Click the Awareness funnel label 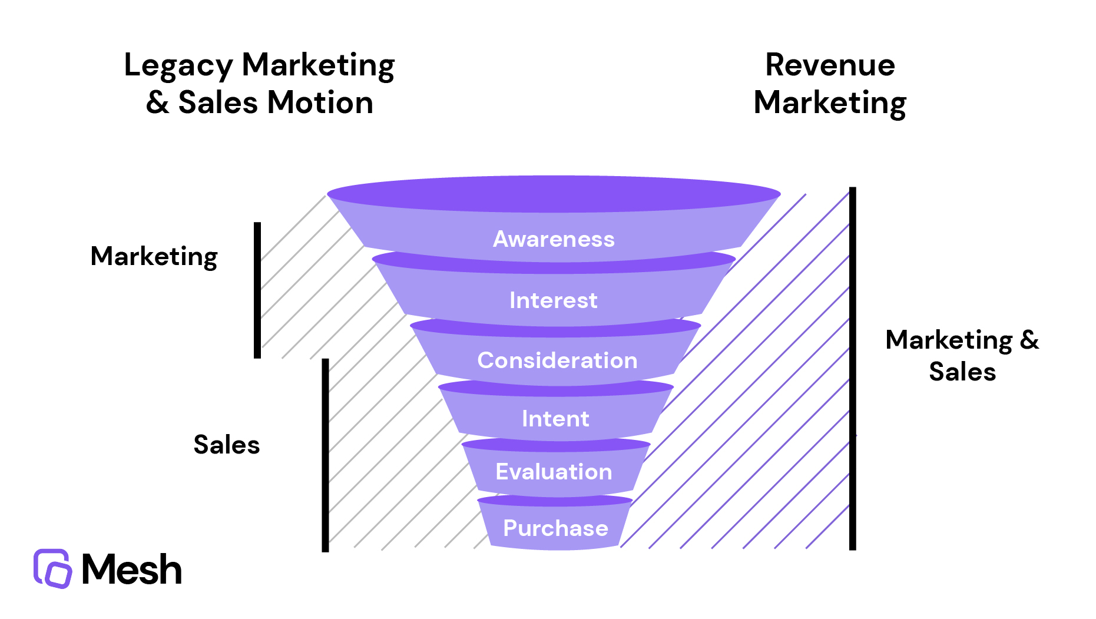pos(554,239)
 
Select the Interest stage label pos(554,300)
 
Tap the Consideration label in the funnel pos(557,360)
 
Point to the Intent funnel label pos(555,419)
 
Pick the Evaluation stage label pos(554,472)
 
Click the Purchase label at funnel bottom pos(555,528)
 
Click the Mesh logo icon pos(52,568)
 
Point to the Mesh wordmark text pos(132,570)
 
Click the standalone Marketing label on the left pos(154,257)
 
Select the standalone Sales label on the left pos(227,445)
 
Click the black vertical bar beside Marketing pos(257,290)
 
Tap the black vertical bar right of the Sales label pos(325,455)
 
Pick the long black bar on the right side pos(852,368)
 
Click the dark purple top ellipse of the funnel pos(554,193)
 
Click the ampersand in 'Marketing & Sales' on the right pos(1029,340)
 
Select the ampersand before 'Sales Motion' pos(157,103)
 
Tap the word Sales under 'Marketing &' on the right pos(962,372)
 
